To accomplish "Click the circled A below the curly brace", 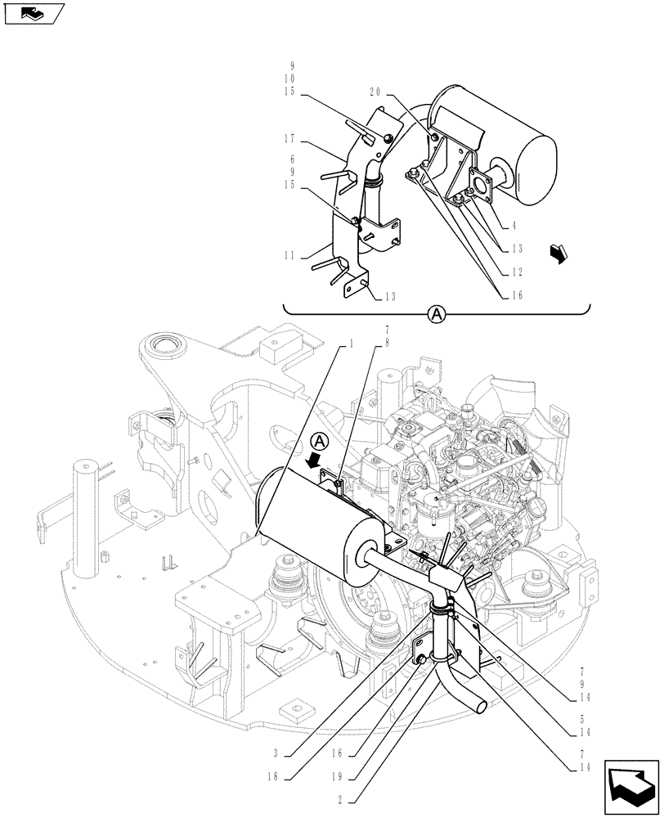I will [437, 314].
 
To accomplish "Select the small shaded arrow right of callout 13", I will [558, 255].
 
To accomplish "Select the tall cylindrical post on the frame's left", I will [86, 515].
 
